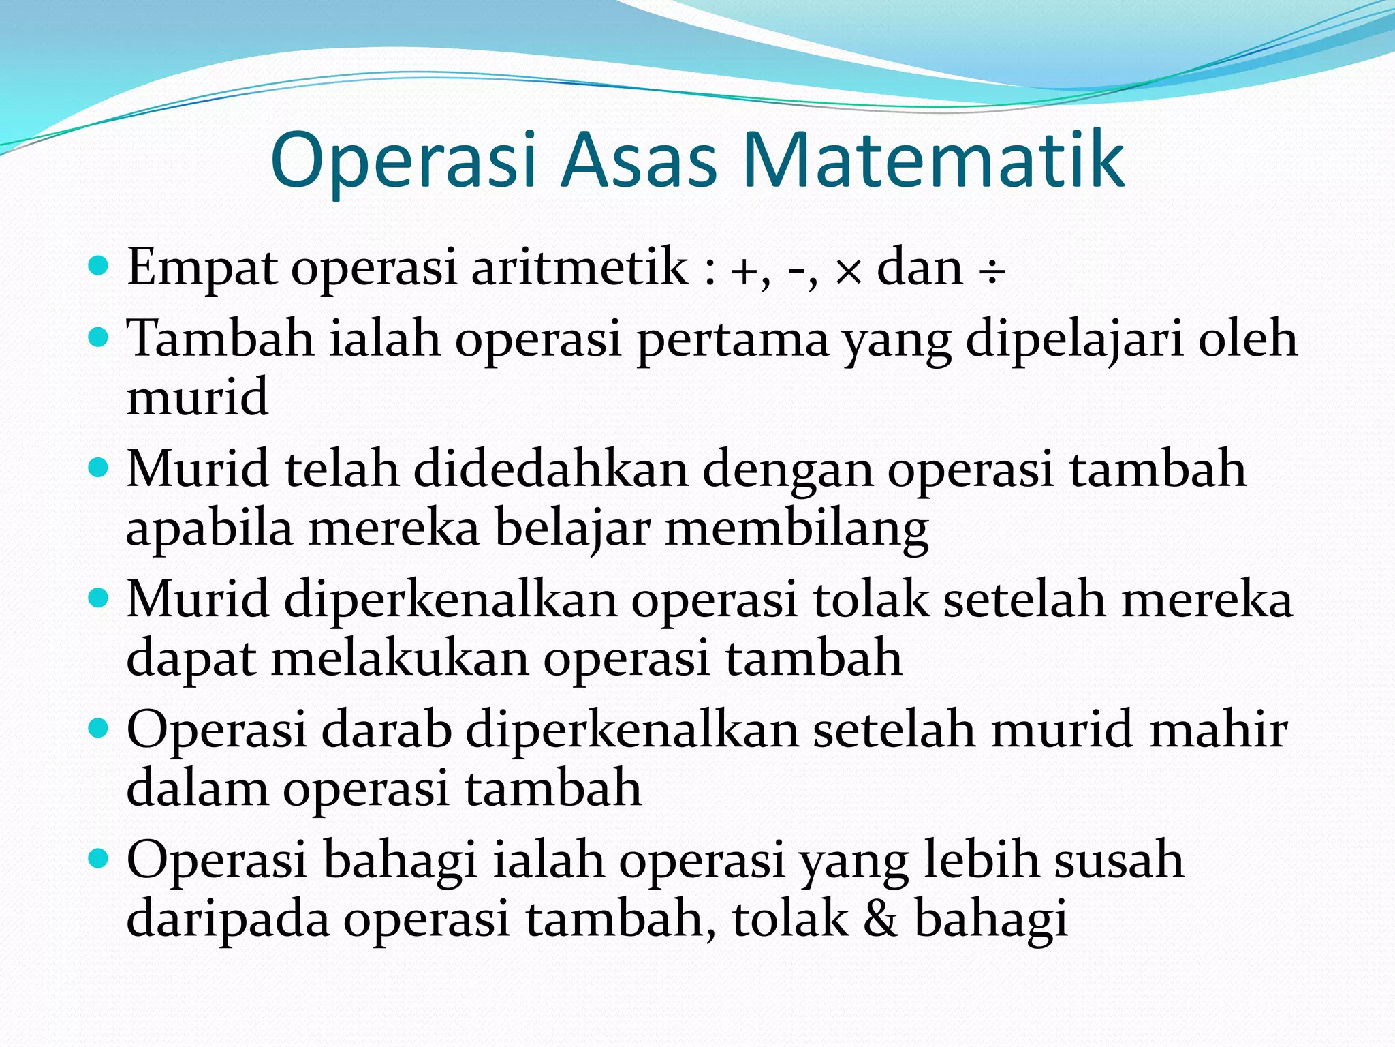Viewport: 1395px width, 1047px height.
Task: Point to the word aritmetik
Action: pos(580,267)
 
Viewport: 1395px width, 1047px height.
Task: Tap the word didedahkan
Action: pos(550,470)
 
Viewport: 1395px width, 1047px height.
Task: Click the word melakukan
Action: pos(400,658)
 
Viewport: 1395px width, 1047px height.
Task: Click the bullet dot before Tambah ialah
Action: pos(99,337)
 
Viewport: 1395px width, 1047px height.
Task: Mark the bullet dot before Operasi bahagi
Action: pos(99,858)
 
